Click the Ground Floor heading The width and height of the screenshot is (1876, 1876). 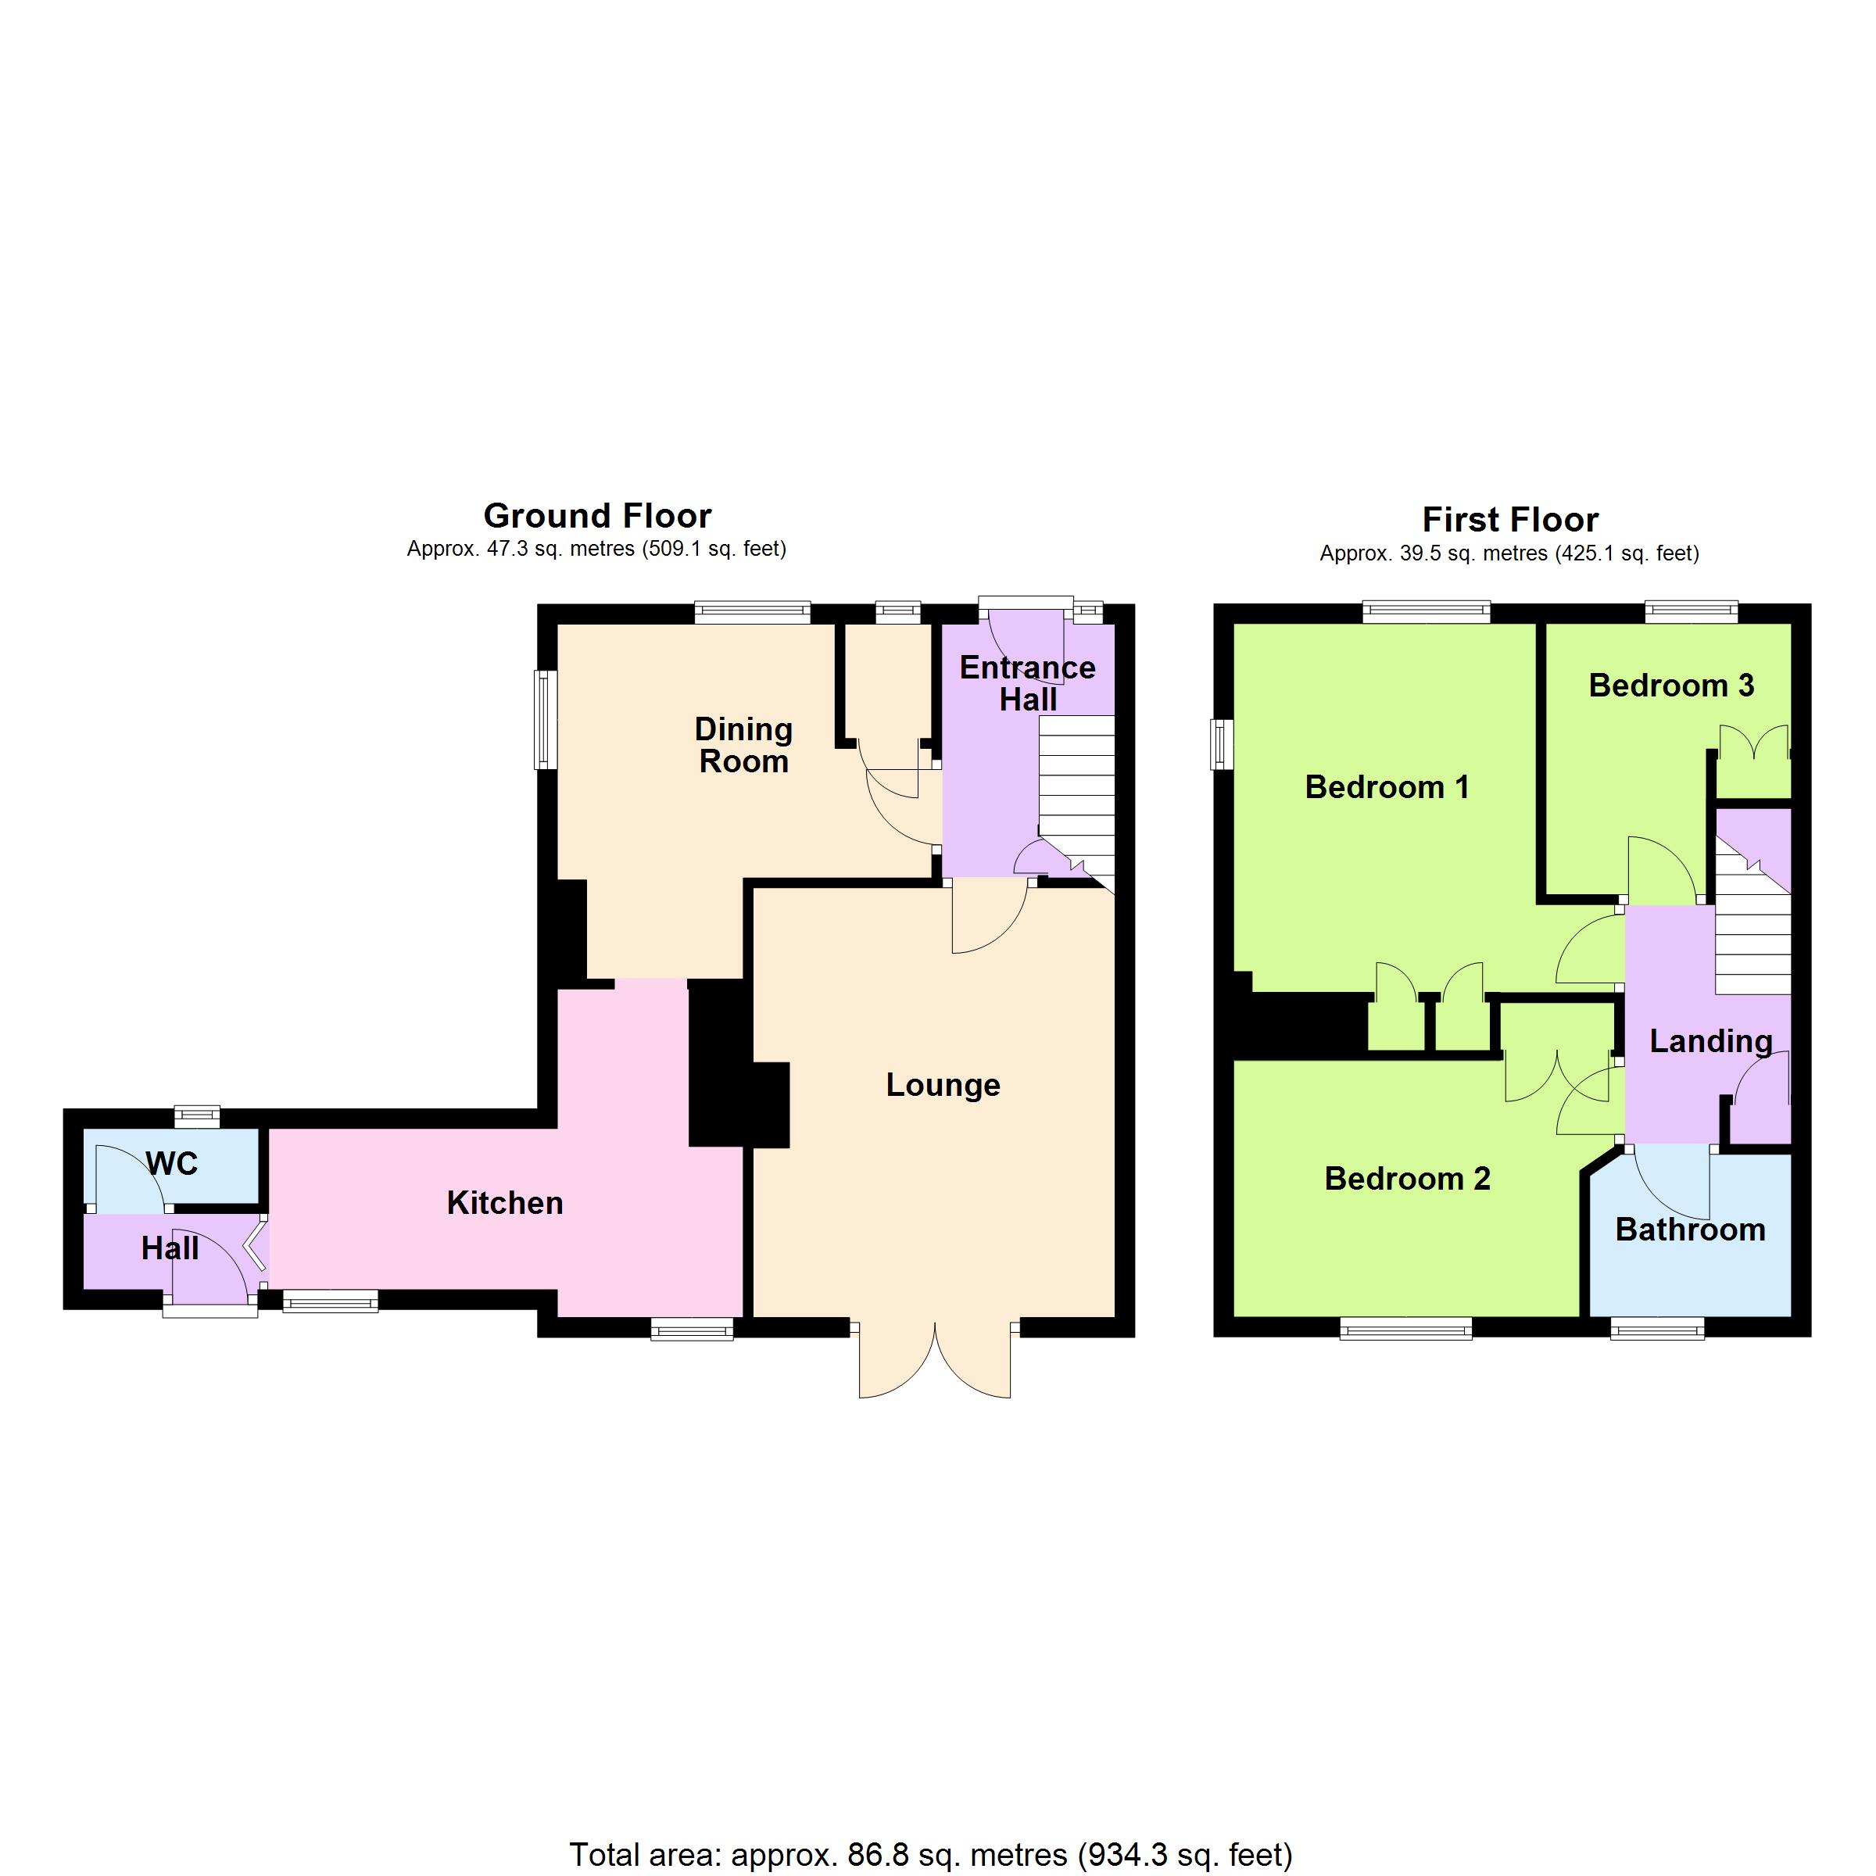tap(597, 516)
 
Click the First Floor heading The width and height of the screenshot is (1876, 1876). tap(1510, 520)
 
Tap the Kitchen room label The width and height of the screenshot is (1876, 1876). tap(505, 1203)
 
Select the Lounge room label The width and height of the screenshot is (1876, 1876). tap(943, 1085)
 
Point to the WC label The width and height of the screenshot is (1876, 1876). tap(173, 1163)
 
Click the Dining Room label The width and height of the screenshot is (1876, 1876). tap(744, 745)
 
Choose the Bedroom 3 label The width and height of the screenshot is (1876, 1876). tap(1671, 686)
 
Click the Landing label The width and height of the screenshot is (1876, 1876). tap(1711, 1042)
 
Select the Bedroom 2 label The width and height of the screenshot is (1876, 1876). tap(1407, 1178)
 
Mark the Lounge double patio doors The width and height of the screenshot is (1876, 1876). tap(935, 1359)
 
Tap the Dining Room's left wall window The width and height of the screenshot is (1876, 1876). tap(546, 719)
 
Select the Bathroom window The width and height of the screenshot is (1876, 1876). tap(1657, 1327)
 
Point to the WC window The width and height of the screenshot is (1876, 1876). tap(197, 1117)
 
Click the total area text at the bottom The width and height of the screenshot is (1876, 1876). tap(930, 1855)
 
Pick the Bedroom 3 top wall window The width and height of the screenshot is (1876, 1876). tap(1692, 612)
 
